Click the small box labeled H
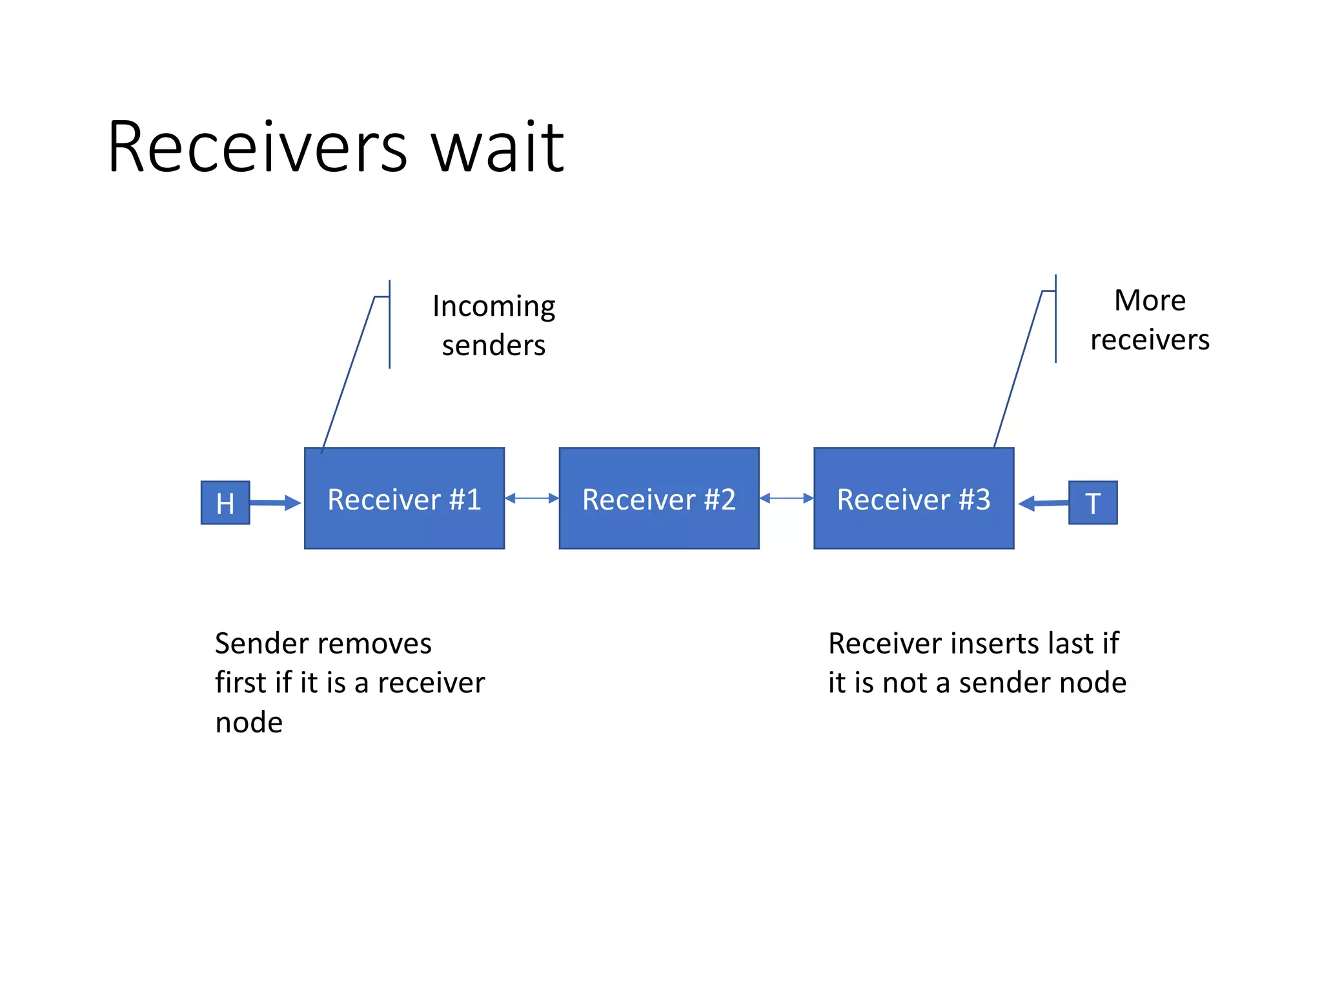(x=225, y=502)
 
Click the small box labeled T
(x=1092, y=502)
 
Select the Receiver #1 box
(x=404, y=498)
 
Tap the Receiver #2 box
(x=658, y=498)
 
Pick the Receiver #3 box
(x=913, y=498)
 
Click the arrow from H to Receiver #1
(x=274, y=502)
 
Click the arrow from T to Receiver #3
(x=1044, y=503)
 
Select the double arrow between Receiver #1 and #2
(x=532, y=498)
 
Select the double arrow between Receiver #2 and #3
(x=786, y=498)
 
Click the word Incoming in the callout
(x=494, y=306)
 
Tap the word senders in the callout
(x=494, y=346)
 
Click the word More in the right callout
(x=1150, y=300)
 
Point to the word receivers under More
(x=1150, y=340)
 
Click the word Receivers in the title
(x=257, y=147)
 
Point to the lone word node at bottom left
(x=249, y=722)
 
